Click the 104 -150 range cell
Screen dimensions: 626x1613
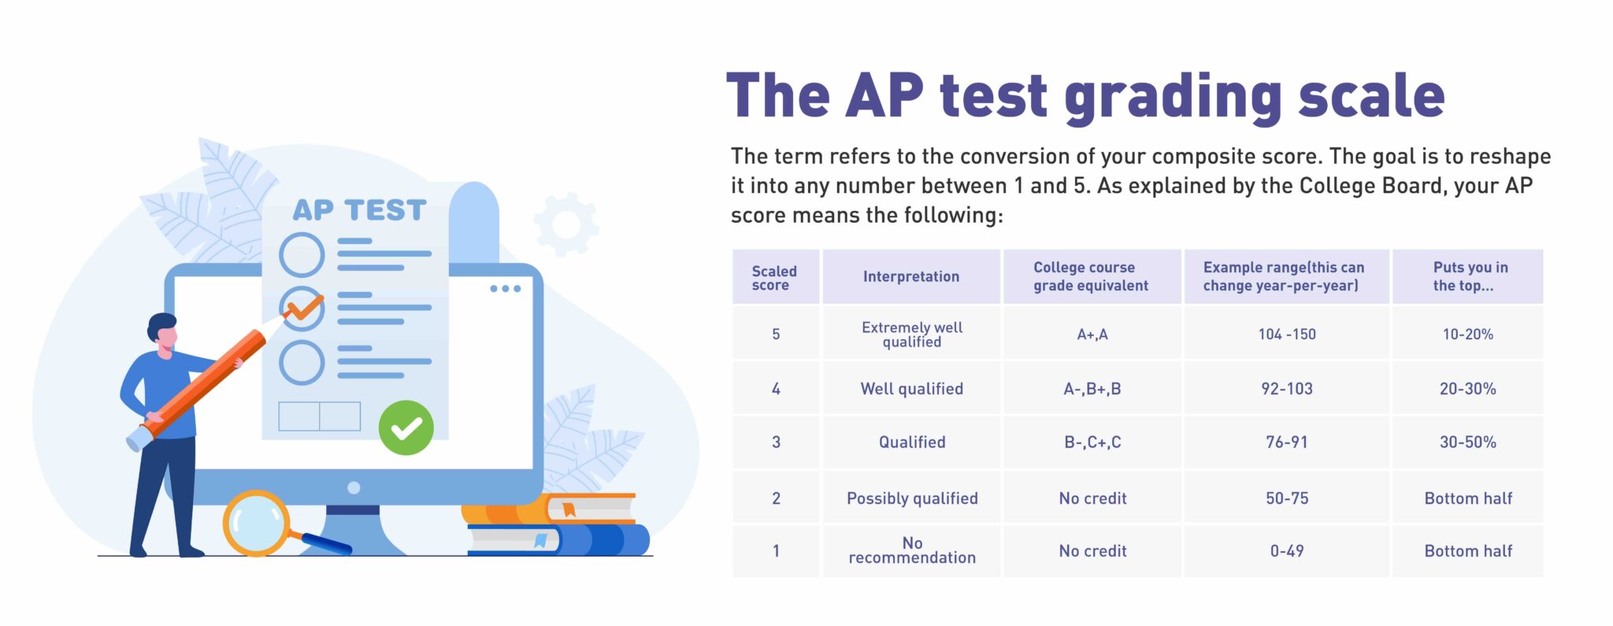(1286, 334)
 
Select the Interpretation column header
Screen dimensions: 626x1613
(910, 276)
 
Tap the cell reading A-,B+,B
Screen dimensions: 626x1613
(1092, 388)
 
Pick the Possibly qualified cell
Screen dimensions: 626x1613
(912, 498)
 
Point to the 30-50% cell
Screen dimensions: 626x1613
(1467, 442)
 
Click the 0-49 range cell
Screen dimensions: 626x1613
(1286, 550)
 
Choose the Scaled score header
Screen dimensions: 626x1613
(774, 277)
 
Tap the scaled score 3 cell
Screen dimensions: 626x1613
(776, 442)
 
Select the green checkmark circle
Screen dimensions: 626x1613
(406, 428)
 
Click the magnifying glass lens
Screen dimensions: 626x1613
(255, 523)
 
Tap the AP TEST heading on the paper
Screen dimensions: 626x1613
(359, 210)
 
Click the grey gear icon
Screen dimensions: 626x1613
(566, 224)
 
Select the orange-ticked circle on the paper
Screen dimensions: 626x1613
(302, 307)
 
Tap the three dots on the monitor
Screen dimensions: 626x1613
(505, 289)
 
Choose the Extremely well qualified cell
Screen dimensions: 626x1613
(911, 334)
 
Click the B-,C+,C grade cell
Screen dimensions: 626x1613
(1092, 442)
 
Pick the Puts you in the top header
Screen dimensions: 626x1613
(1468, 276)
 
